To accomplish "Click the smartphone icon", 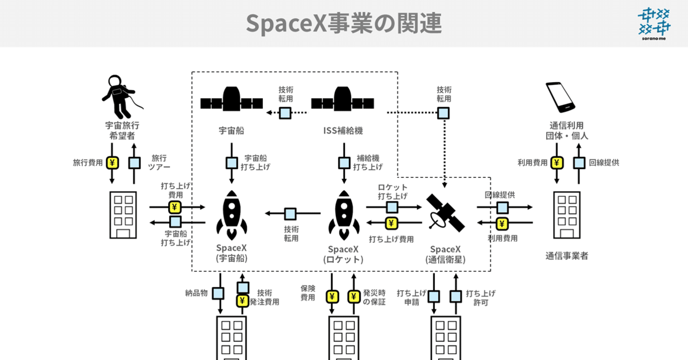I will coord(561,97).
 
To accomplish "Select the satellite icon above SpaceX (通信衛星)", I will coord(445,212).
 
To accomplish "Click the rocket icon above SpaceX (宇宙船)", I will coord(232,215).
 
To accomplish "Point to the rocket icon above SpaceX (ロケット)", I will coord(343,215).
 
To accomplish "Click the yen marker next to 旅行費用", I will coord(112,163).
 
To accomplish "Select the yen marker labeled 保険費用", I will coord(332,297).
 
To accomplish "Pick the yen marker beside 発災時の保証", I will coord(354,297).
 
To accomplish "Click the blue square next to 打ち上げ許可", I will coord(456,297).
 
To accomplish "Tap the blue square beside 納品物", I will coord(218,293).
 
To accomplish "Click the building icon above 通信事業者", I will coord(567,215).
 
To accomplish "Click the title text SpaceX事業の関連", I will coord(343,23).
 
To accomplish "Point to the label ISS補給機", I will coord(342,131).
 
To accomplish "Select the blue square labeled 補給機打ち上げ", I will coord(343,163).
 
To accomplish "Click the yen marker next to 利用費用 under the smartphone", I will coord(557,163).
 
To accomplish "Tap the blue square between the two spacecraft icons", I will coord(285,113).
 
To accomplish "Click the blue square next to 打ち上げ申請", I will coord(434,297).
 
